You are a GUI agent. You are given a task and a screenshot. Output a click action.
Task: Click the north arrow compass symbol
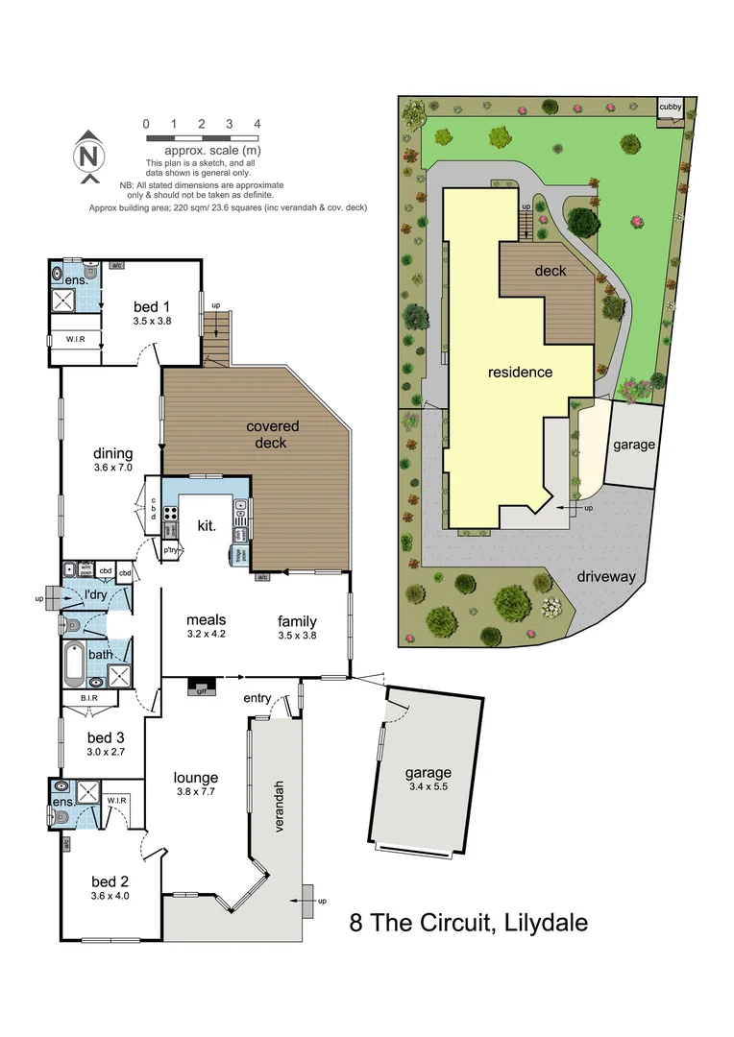tap(87, 155)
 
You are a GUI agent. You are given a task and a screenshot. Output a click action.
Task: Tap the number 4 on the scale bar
tap(257, 124)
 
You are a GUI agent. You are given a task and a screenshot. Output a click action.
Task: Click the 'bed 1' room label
tap(152, 306)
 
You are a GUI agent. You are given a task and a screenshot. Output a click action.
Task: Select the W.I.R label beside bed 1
tap(78, 339)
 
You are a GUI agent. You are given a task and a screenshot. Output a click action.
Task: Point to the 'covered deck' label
tap(273, 434)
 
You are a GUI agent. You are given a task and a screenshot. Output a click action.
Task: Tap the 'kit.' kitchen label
tap(207, 526)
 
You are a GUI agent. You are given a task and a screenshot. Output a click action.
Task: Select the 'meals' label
tap(207, 619)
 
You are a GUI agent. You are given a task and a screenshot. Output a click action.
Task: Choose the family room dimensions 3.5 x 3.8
tap(297, 635)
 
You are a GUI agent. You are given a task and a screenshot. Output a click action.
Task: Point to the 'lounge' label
tap(195, 777)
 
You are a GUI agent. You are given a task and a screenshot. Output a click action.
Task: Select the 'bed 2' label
tap(110, 880)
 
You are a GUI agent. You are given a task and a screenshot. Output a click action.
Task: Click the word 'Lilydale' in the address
tap(540, 924)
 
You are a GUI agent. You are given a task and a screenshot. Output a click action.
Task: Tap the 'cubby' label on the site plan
tap(669, 107)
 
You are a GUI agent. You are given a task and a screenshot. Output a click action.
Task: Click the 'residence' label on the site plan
tap(520, 372)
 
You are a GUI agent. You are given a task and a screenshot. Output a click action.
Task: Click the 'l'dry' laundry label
tap(95, 596)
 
